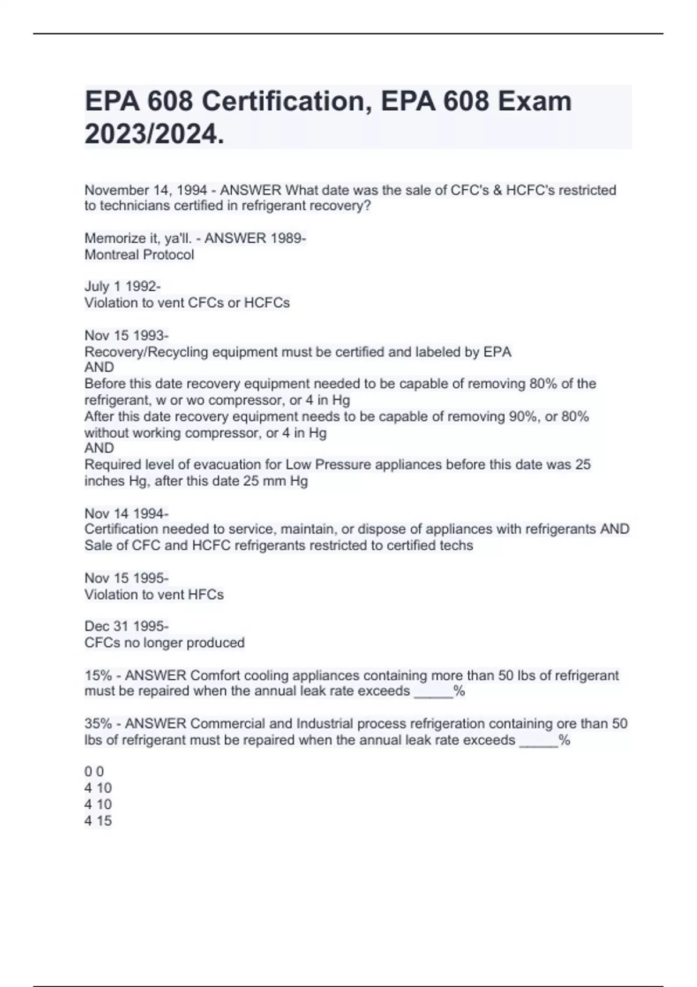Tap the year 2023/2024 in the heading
(x=154, y=135)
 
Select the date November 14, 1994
(x=146, y=190)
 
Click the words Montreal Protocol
(x=139, y=254)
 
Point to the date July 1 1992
(x=121, y=286)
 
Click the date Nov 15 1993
(x=125, y=336)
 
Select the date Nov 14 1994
(x=125, y=513)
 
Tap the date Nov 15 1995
(x=125, y=578)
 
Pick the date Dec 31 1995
(x=125, y=626)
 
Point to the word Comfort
(x=215, y=675)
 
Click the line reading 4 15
(x=98, y=820)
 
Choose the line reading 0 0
(x=94, y=772)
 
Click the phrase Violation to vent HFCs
(x=154, y=594)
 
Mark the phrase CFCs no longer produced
(x=164, y=643)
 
